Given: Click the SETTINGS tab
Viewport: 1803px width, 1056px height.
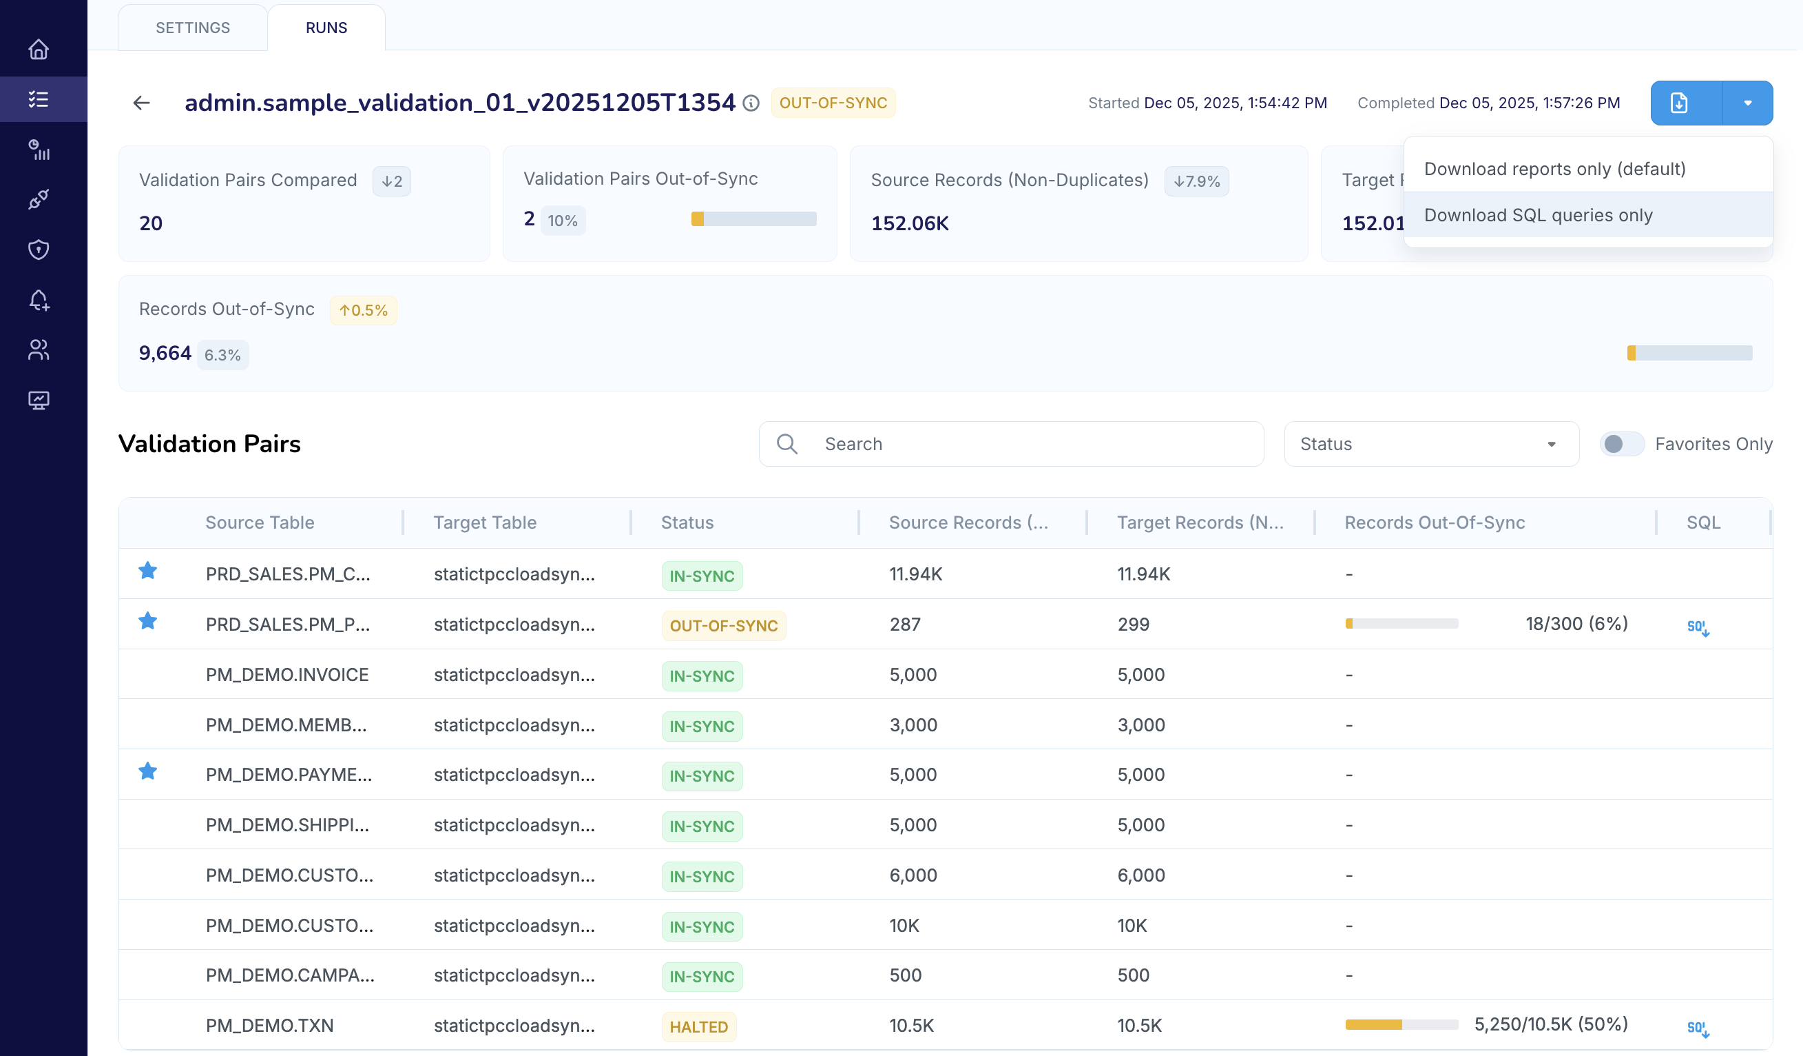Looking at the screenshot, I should (192, 28).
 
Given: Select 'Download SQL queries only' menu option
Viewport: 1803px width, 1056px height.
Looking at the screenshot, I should (1538, 215).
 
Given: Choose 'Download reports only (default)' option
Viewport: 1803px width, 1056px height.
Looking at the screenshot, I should (1554, 169).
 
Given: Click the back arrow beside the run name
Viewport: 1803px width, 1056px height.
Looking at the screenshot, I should (142, 103).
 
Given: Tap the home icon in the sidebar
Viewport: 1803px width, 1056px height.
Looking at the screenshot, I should (39, 50).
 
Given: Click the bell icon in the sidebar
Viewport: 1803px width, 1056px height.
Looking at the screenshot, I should (39, 300).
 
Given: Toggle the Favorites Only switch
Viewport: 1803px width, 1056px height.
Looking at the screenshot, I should (1621, 444).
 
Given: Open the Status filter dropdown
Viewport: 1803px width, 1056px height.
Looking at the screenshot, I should (1430, 444).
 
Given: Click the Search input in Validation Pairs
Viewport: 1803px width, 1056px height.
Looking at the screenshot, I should (1030, 444).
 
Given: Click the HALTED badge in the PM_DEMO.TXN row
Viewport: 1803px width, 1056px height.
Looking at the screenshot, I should (698, 1026).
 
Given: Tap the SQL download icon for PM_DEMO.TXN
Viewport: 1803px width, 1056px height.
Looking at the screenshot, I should (1698, 1028).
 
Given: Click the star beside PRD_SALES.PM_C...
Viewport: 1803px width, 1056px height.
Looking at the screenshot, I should (148, 571).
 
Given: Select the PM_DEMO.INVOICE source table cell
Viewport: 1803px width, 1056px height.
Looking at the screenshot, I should (287, 674).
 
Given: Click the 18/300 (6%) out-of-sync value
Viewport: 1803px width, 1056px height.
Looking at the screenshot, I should (1576, 624).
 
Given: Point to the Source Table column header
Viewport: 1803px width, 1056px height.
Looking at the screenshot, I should (260, 522).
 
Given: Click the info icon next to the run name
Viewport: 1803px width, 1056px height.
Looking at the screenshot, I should (751, 103).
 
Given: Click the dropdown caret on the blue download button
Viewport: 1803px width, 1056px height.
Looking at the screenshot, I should (1747, 103).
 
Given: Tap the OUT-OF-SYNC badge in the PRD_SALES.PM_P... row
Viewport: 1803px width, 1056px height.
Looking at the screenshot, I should (722, 626).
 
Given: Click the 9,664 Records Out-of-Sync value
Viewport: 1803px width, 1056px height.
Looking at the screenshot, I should (165, 353).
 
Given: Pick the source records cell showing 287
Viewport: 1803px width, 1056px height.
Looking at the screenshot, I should (905, 625).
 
